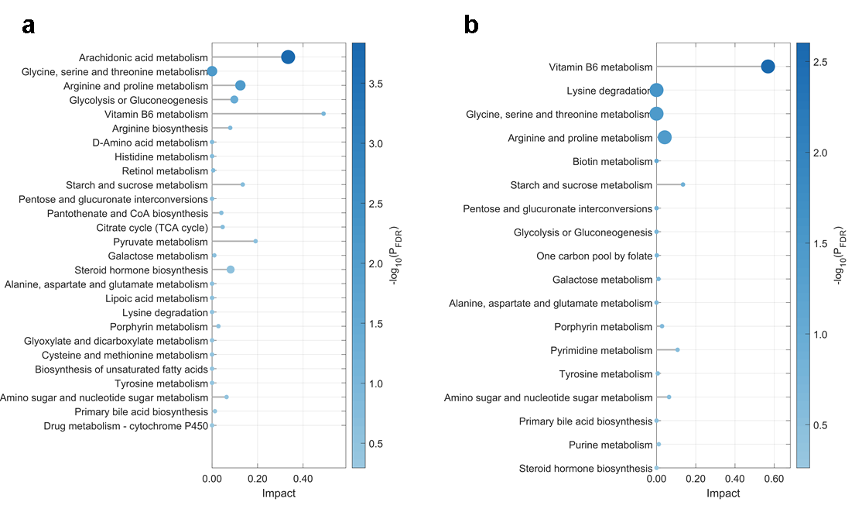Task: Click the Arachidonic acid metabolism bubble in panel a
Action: pyautogui.click(x=288, y=57)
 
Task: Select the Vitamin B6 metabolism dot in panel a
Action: pyautogui.click(x=323, y=114)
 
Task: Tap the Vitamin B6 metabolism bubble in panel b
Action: pyautogui.click(x=768, y=67)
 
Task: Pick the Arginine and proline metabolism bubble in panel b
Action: pyautogui.click(x=665, y=138)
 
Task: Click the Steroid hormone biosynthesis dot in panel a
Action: pyautogui.click(x=231, y=270)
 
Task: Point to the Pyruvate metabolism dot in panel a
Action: pyautogui.click(x=255, y=241)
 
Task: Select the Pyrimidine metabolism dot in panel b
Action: pyautogui.click(x=677, y=350)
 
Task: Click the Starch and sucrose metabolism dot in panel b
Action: pyautogui.click(x=682, y=185)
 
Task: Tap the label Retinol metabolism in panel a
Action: pyautogui.click(x=165, y=171)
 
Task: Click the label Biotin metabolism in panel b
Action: pyautogui.click(x=612, y=162)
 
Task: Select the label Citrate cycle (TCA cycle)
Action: pyautogui.click(x=152, y=228)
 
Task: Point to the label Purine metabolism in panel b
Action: pyautogui.click(x=611, y=445)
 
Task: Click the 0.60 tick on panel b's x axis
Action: pyautogui.click(x=774, y=479)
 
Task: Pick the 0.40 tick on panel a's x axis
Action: pyautogui.click(x=303, y=479)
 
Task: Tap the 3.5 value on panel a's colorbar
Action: pyautogui.click(x=376, y=84)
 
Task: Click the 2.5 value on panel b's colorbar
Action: pyautogui.click(x=820, y=62)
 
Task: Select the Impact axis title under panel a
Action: pyautogui.click(x=279, y=493)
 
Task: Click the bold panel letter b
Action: pyautogui.click(x=471, y=26)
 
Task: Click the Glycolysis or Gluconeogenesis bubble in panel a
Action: pyautogui.click(x=234, y=100)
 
